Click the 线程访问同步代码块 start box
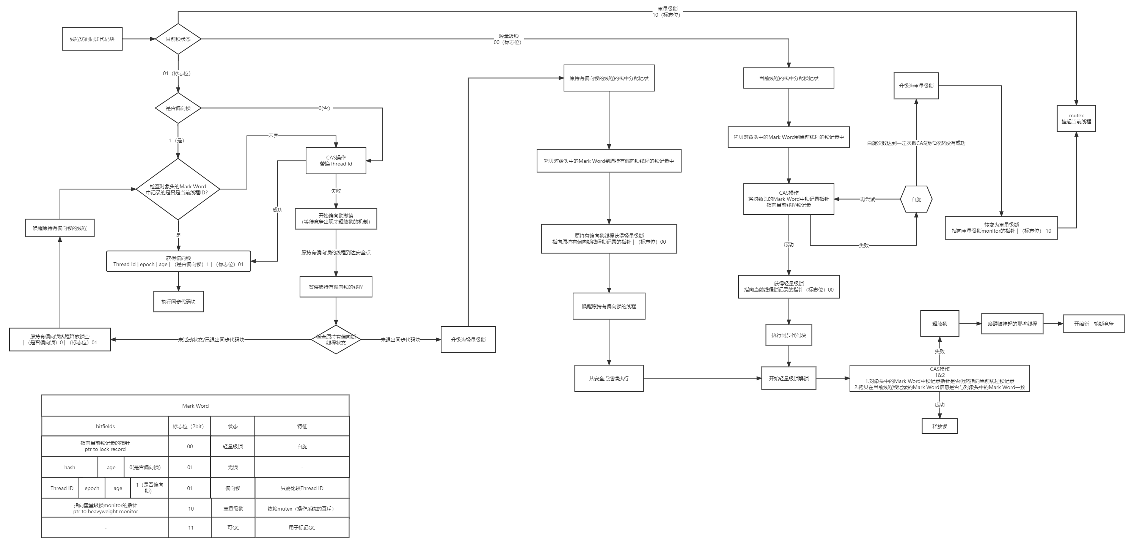92,39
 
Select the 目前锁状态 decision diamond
178,39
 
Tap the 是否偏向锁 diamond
178,108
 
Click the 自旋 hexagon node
916,199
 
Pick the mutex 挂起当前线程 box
1076,118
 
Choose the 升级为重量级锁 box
916,85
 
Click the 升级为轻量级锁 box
468,339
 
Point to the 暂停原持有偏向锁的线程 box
336,287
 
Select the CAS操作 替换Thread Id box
336,161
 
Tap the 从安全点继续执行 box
609,378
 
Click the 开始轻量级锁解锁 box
788,378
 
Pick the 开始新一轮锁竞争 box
1093,323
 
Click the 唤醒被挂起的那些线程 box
1012,323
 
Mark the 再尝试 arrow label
867,199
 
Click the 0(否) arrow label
325,108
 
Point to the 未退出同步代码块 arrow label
400,340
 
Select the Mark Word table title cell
195,405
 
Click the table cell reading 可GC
233,528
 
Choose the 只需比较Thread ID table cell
302,488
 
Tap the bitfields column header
105,426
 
